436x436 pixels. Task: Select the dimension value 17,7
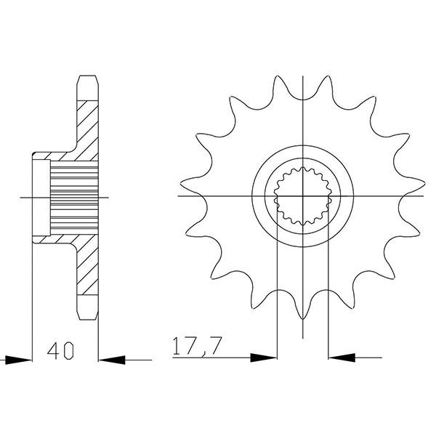(x=197, y=347)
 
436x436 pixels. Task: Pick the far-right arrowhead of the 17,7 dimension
(x=342, y=358)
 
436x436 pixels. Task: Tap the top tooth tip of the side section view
(x=87, y=78)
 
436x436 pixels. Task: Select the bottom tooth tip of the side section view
(x=87, y=314)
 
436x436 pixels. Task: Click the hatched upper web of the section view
(x=86, y=124)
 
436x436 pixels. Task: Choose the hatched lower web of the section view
(x=86, y=269)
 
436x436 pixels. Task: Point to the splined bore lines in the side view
(x=73, y=196)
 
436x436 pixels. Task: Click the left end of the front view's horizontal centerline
(x=179, y=196)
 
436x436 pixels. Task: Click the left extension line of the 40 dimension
(x=33, y=305)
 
